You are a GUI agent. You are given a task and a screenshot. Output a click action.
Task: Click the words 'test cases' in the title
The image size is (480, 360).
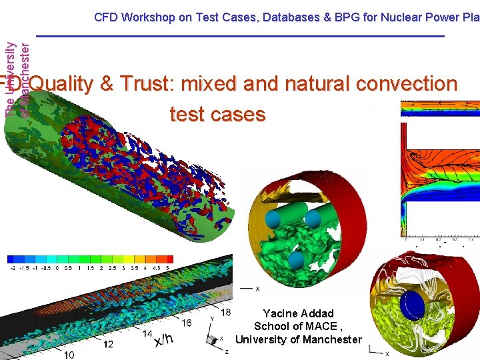[217, 114]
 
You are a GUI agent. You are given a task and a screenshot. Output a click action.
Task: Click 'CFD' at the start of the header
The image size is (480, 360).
[106, 17]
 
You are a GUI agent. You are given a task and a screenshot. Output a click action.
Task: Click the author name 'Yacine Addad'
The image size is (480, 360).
[298, 313]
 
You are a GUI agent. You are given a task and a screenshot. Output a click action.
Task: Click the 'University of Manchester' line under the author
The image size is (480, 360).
[298, 339]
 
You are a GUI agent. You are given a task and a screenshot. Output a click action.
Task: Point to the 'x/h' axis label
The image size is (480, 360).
[164, 339]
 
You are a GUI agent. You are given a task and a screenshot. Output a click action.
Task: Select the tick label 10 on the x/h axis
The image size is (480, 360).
[69, 355]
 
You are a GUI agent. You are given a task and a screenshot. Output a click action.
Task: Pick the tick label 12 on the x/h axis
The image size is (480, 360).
[107, 344]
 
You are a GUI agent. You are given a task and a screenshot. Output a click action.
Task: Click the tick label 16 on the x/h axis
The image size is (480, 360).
[187, 323]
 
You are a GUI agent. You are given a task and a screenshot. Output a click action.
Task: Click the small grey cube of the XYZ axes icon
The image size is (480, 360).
[213, 339]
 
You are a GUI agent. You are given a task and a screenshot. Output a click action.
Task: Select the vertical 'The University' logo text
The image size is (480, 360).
[9, 79]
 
